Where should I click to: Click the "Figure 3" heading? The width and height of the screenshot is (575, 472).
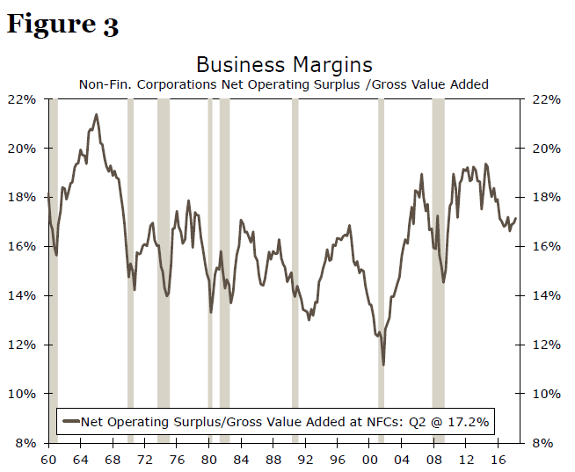pyautogui.click(x=62, y=24)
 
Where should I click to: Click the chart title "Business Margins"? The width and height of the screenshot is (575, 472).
pyautogui.click(x=284, y=65)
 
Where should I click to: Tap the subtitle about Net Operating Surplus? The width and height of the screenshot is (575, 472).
pyautogui.click(x=284, y=84)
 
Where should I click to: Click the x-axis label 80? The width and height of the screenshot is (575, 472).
pyautogui.click(x=209, y=459)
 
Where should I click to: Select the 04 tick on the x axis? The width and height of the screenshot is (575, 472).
pyautogui.click(x=403, y=459)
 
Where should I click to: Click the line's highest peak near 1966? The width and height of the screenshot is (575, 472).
pyautogui.click(x=96, y=114)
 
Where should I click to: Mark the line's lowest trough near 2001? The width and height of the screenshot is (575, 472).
pyautogui.click(x=383, y=365)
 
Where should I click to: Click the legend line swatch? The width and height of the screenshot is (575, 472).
pyautogui.click(x=71, y=422)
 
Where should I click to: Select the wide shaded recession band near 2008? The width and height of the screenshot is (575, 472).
pyautogui.click(x=438, y=264)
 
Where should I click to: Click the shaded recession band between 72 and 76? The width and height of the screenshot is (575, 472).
pyautogui.click(x=163, y=264)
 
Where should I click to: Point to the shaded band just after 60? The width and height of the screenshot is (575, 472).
pyautogui.click(x=54, y=264)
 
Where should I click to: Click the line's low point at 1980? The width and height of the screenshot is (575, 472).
pyautogui.click(x=211, y=311)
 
